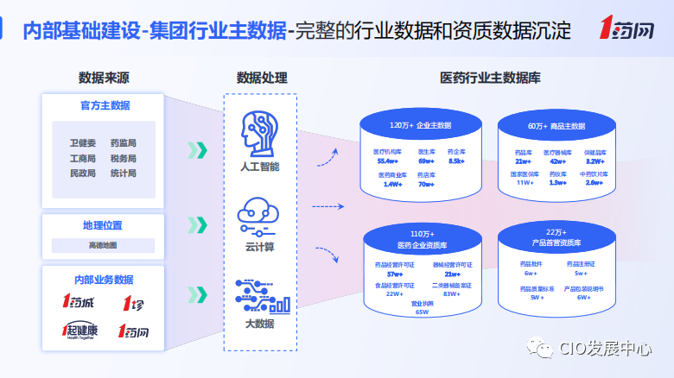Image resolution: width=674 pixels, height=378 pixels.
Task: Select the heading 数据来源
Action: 103,79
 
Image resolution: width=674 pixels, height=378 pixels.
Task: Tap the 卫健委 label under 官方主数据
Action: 83,143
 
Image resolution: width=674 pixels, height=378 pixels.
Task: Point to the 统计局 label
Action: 123,173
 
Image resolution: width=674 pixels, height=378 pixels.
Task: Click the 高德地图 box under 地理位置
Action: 103,246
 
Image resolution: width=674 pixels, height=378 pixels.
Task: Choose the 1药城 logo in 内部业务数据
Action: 79,302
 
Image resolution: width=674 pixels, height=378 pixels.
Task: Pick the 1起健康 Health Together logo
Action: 79,331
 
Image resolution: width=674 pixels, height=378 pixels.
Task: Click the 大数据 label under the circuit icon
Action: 259,324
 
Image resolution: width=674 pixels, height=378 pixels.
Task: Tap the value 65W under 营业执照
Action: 422,312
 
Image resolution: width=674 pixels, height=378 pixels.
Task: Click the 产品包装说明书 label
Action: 584,288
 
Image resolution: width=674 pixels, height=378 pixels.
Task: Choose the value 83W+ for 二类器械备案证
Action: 450,293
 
